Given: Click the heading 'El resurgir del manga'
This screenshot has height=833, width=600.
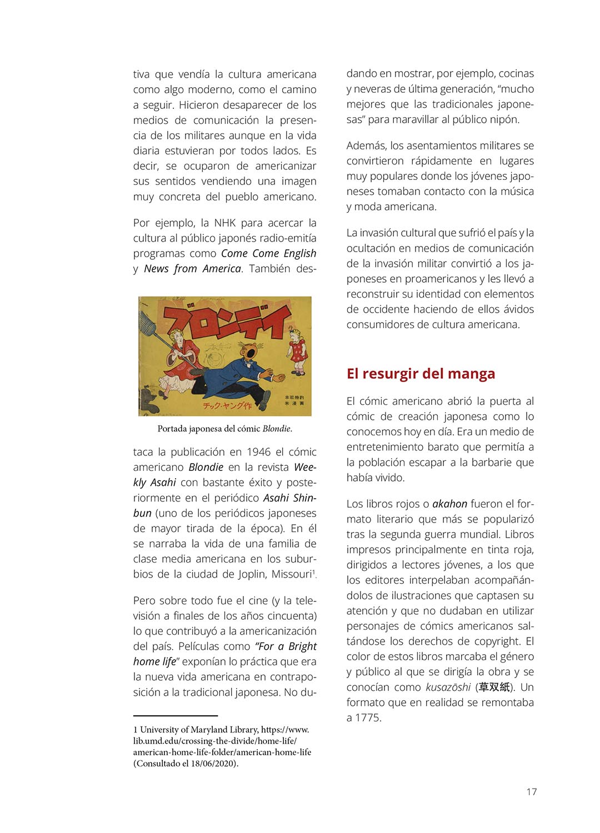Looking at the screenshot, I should [x=421, y=374].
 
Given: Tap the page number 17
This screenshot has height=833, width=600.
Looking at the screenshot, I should [x=532, y=792].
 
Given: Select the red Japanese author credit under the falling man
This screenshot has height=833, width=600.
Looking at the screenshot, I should [x=227, y=405].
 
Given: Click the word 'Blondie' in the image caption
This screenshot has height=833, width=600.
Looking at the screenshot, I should [x=277, y=429].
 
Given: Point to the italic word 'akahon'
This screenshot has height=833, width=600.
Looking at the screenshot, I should [x=449, y=504].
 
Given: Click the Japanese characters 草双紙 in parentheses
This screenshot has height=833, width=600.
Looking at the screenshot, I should [x=494, y=688].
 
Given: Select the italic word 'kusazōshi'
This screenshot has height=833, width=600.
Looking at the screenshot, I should [x=448, y=688].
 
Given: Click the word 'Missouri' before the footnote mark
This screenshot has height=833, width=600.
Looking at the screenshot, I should [x=291, y=574].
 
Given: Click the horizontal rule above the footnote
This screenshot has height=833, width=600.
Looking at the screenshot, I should [x=175, y=716].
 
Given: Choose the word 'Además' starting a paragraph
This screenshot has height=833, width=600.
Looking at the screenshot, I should [x=366, y=146].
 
